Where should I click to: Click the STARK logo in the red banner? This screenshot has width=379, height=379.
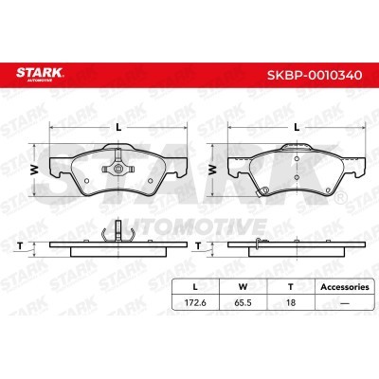coord(40,74)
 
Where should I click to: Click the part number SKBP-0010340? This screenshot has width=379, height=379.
coord(315,75)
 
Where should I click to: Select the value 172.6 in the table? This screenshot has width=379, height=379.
coord(195,302)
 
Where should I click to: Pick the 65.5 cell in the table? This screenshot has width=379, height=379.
coord(243,302)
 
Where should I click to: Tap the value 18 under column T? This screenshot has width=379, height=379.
coord(291,302)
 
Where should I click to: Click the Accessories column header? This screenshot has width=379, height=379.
coord(345,287)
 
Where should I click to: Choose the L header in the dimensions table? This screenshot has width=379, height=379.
coord(195,287)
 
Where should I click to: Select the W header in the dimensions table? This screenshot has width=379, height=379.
coord(243,287)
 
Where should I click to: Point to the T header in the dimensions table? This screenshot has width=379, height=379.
coord(291,287)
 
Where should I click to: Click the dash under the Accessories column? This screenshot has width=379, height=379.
coord(345,303)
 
